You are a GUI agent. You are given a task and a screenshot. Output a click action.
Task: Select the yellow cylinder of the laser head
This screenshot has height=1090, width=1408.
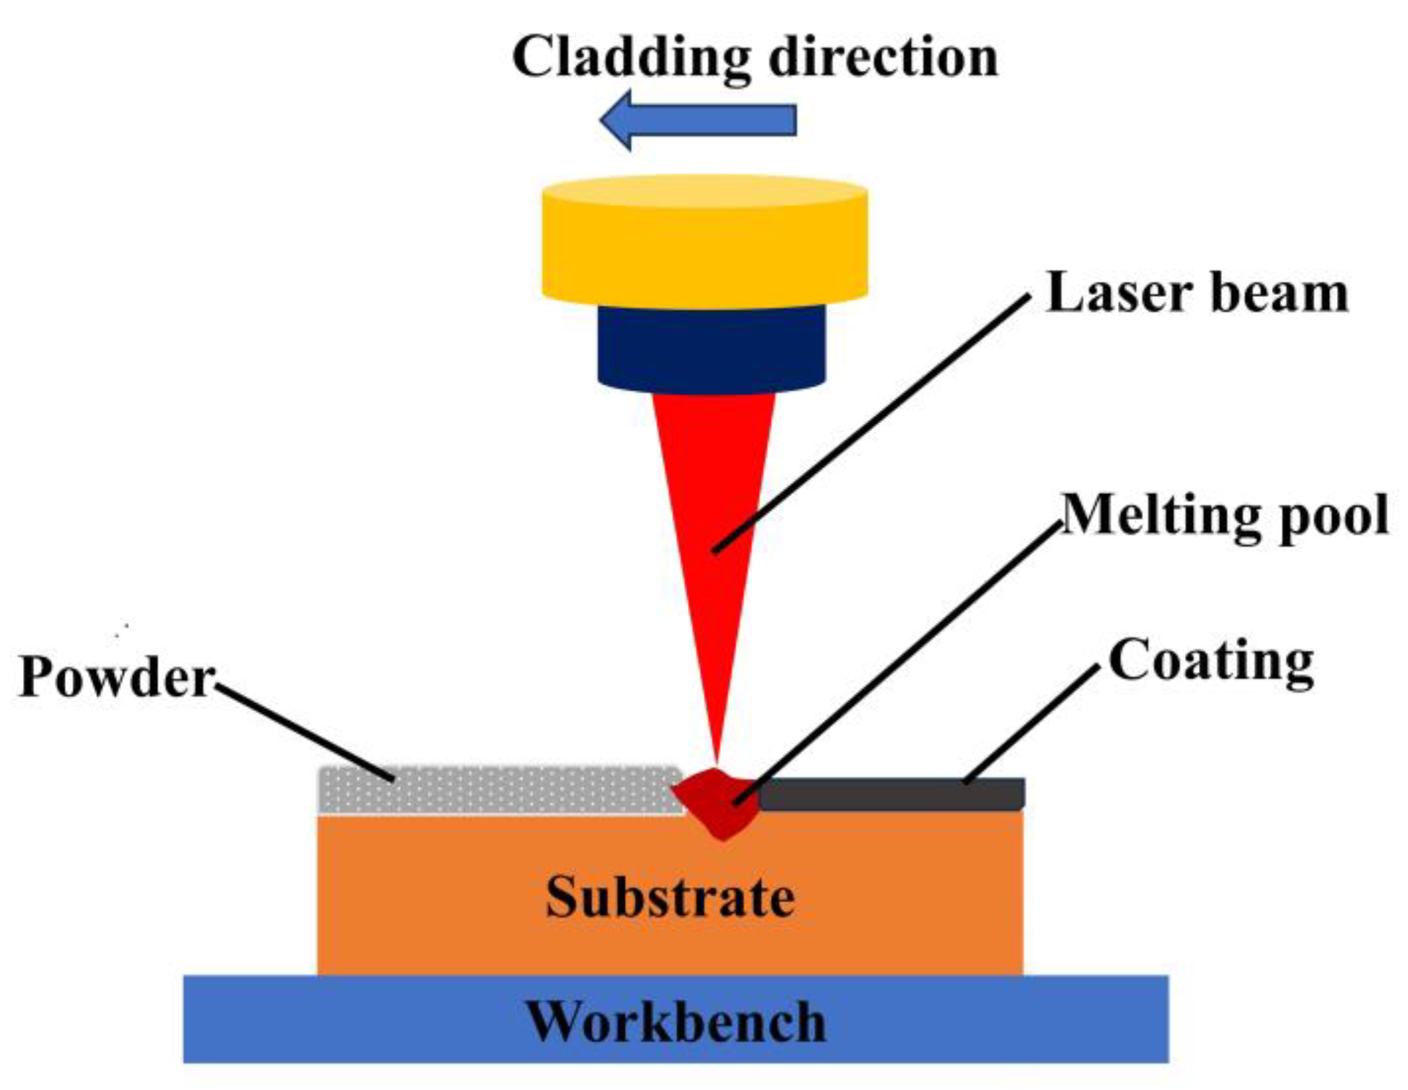coord(704,250)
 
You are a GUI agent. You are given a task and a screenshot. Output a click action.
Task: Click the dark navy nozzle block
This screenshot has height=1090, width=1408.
coord(711,348)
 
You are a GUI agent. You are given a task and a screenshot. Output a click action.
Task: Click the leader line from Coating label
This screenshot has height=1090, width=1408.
coord(1032,723)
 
